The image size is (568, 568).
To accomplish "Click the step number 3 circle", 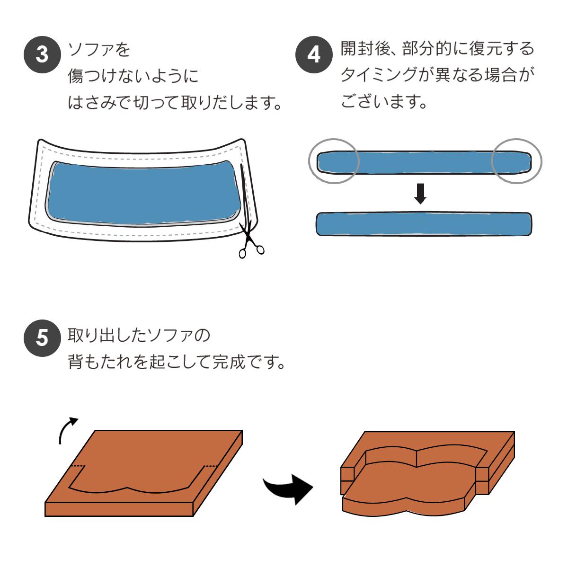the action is click(x=42, y=54).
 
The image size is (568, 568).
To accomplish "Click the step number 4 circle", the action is click(x=314, y=54).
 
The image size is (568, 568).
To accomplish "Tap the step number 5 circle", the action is click(x=42, y=338).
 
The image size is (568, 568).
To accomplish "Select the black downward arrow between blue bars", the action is click(x=420, y=194).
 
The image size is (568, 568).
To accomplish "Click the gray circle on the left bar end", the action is click(x=334, y=161).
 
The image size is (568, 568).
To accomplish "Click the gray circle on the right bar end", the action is click(x=517, y=161).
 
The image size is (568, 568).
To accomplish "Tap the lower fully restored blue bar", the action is click(x=424, y=224).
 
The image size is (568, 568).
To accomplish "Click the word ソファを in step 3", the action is click(x=99, y=49).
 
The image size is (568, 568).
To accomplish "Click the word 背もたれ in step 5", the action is click(x=99, y=362).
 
